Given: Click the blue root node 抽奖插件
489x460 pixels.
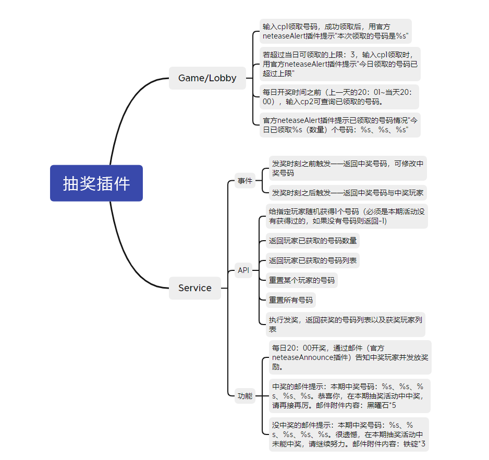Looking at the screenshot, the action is (x=96, y=183).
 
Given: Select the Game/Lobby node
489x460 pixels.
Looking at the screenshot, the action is (x=207, y=78).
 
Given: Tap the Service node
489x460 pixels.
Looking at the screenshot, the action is (x=195, y=288).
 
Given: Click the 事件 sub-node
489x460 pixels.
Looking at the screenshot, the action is (x=245, y=181).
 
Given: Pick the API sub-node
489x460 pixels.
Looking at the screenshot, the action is (x=243, y=270).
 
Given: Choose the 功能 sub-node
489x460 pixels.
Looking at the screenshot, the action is (x=245, y=396).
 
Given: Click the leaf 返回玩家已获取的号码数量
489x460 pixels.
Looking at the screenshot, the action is (x=312, y=241).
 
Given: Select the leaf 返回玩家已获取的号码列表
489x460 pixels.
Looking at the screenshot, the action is (x=312, y=260).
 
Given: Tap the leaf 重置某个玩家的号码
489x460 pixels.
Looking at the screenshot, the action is (x=301, y=280).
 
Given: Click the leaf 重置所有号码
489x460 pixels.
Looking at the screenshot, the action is (x=291, y=300).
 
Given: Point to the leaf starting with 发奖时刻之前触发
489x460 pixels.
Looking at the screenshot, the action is (x=348, y=168).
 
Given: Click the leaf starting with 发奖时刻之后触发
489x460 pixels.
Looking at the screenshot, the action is (x=348, y=193).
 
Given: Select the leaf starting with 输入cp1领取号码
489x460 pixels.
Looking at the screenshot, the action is (x=336, y=31).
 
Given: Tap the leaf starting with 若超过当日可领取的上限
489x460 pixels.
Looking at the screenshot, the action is (x=340, y=64).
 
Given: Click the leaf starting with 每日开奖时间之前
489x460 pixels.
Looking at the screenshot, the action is (x=339, y=97).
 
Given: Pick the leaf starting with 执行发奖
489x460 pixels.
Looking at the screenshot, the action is (x=346, y=325).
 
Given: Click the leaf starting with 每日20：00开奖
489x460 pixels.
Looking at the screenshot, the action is (x=350, y=357).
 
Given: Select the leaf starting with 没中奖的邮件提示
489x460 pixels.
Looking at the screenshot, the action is (x=349, y=434).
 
